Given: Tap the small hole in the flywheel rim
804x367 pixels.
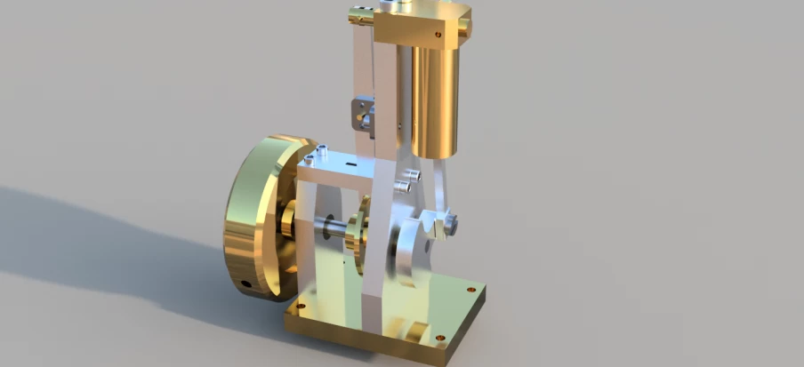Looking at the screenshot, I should tap(245, 285).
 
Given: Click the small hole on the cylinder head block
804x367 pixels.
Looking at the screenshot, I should tap(438, 35).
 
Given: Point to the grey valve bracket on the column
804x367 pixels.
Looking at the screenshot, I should tap(363, 111).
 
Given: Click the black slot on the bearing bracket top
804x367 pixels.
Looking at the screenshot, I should tap(352, 164).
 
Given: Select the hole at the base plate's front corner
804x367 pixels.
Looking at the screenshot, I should tap(437, 337).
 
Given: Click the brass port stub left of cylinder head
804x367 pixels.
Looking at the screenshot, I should tap(359, 13).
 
